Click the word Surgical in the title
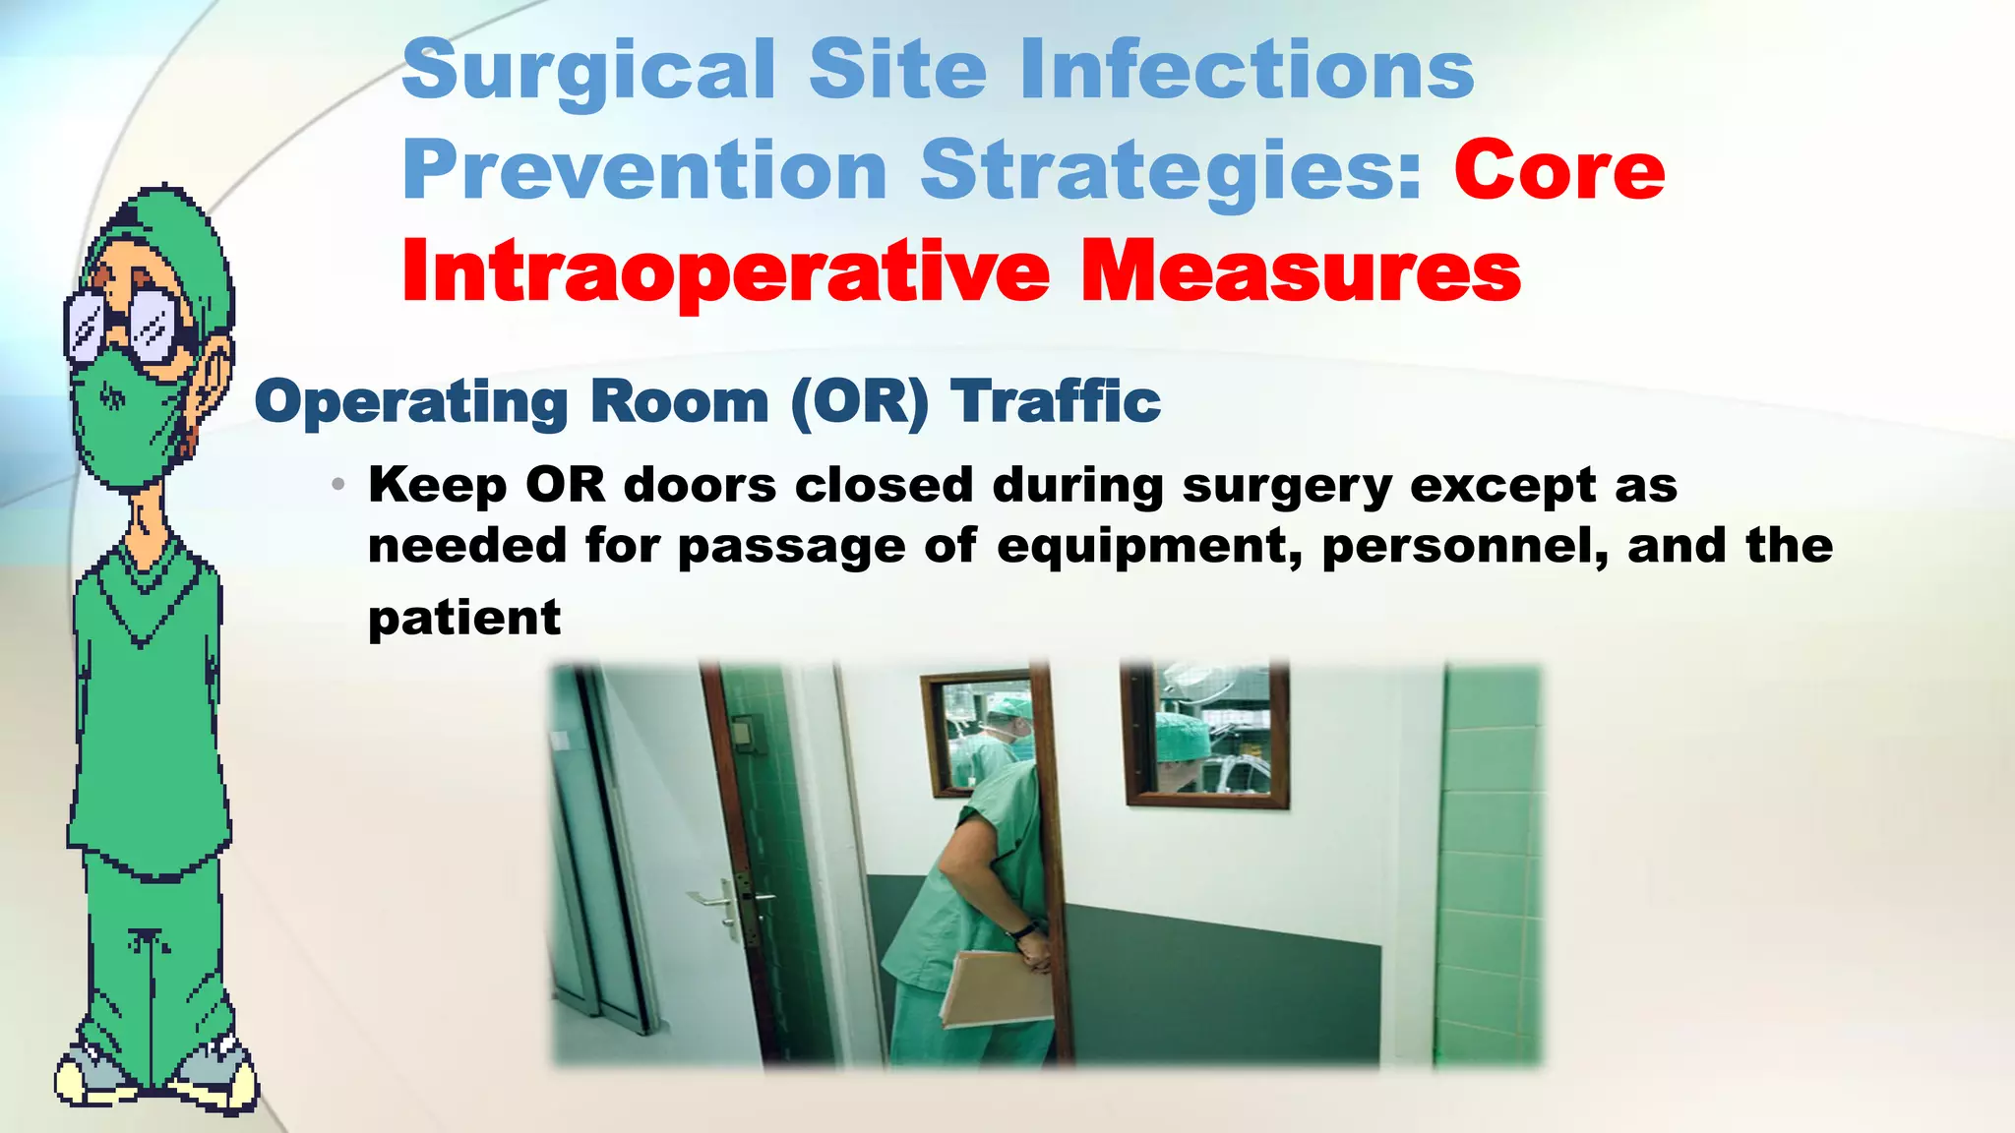[588, 71]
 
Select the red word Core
[1558, 170]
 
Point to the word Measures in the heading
[1300, 271]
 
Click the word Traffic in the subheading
[1055, 401]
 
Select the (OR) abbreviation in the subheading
[859, 401]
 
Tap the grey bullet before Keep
[338, 485]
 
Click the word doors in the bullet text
[700, 485]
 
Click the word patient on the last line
[463, 619]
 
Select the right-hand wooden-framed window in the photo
[1206, 732]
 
